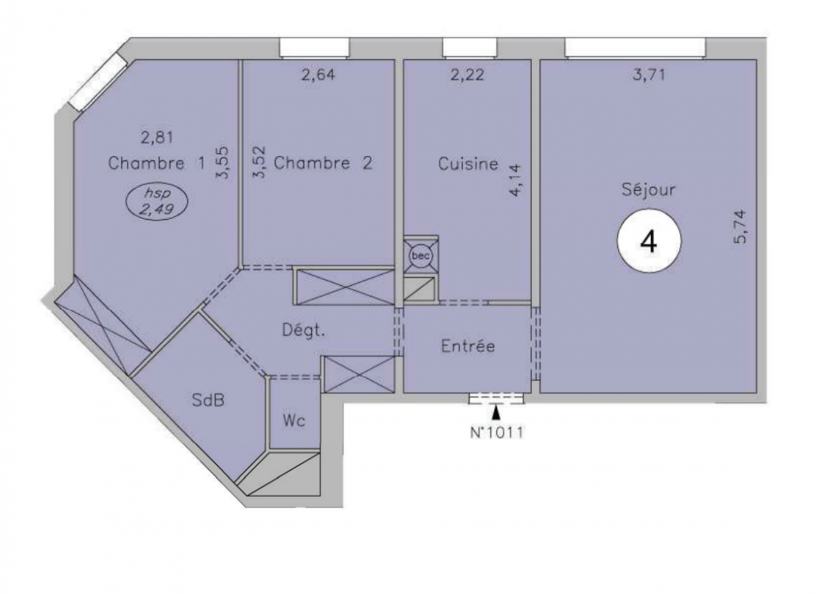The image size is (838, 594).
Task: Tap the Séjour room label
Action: click(649, 189)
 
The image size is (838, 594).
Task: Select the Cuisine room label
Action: click(468, 163)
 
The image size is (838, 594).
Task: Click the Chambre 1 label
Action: click(157, 163)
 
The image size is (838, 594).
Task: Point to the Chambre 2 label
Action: click(323, 163)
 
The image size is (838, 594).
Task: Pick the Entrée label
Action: click(468, 346)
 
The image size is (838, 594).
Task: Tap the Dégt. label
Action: click(303, 331)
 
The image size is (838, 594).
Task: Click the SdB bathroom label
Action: click(208, 399)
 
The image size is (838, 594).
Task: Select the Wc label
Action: click(294, 421)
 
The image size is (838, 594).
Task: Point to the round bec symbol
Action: click(420, 256)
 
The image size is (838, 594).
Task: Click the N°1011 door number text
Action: click(496, 432)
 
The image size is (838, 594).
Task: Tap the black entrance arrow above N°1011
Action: click(496, 412)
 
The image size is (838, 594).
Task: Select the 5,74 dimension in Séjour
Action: click(741, 227)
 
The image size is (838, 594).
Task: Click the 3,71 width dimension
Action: click(649, 75)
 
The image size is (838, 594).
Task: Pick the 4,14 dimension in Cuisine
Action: click(516, 180)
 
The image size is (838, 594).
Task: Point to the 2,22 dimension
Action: click(467, 75)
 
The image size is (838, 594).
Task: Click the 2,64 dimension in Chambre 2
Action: click(319, 75)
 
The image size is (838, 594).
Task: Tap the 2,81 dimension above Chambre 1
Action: click(157, 138)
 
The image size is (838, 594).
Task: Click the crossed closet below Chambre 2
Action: click(345, 287)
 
